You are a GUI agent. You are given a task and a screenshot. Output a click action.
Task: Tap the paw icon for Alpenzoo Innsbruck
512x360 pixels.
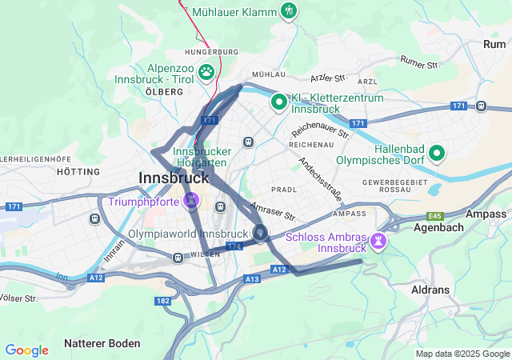[207, 72]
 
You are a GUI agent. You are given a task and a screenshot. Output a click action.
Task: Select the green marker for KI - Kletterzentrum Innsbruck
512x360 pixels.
[278, 102]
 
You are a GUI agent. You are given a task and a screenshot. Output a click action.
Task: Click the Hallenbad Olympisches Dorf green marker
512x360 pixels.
[437, 152]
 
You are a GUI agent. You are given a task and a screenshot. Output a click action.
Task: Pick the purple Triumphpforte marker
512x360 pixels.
[191, 200]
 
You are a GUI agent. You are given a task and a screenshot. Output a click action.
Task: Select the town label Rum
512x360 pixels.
[494, 44]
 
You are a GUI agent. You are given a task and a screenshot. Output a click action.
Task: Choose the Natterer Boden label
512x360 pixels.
[103, 343]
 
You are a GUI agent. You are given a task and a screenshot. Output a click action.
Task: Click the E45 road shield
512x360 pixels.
[435, 215]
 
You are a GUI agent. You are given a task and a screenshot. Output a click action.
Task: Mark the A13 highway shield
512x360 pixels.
[252, 278]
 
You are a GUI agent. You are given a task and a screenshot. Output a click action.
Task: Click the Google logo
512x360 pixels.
[26, 350]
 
